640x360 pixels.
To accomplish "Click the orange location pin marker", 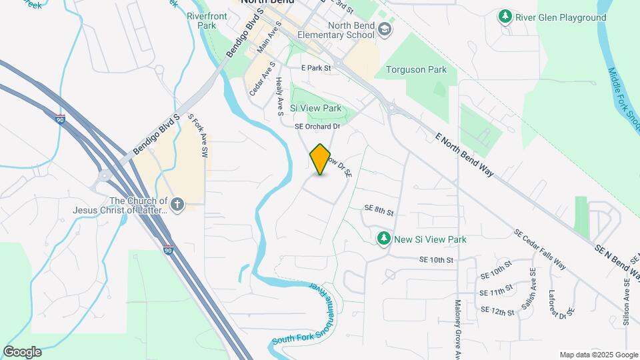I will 321,159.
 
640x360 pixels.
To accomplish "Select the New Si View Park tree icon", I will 383,238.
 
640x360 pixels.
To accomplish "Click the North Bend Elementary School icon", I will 385,29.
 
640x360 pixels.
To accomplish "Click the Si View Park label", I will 315,108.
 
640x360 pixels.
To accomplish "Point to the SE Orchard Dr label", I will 318,125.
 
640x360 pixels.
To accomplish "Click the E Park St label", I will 316,68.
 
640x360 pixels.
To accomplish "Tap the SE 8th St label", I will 379,210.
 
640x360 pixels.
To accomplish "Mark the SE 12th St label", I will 497,311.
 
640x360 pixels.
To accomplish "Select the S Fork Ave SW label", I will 198,135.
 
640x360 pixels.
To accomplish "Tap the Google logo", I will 22,352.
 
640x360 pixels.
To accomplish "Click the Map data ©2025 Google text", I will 598,355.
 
